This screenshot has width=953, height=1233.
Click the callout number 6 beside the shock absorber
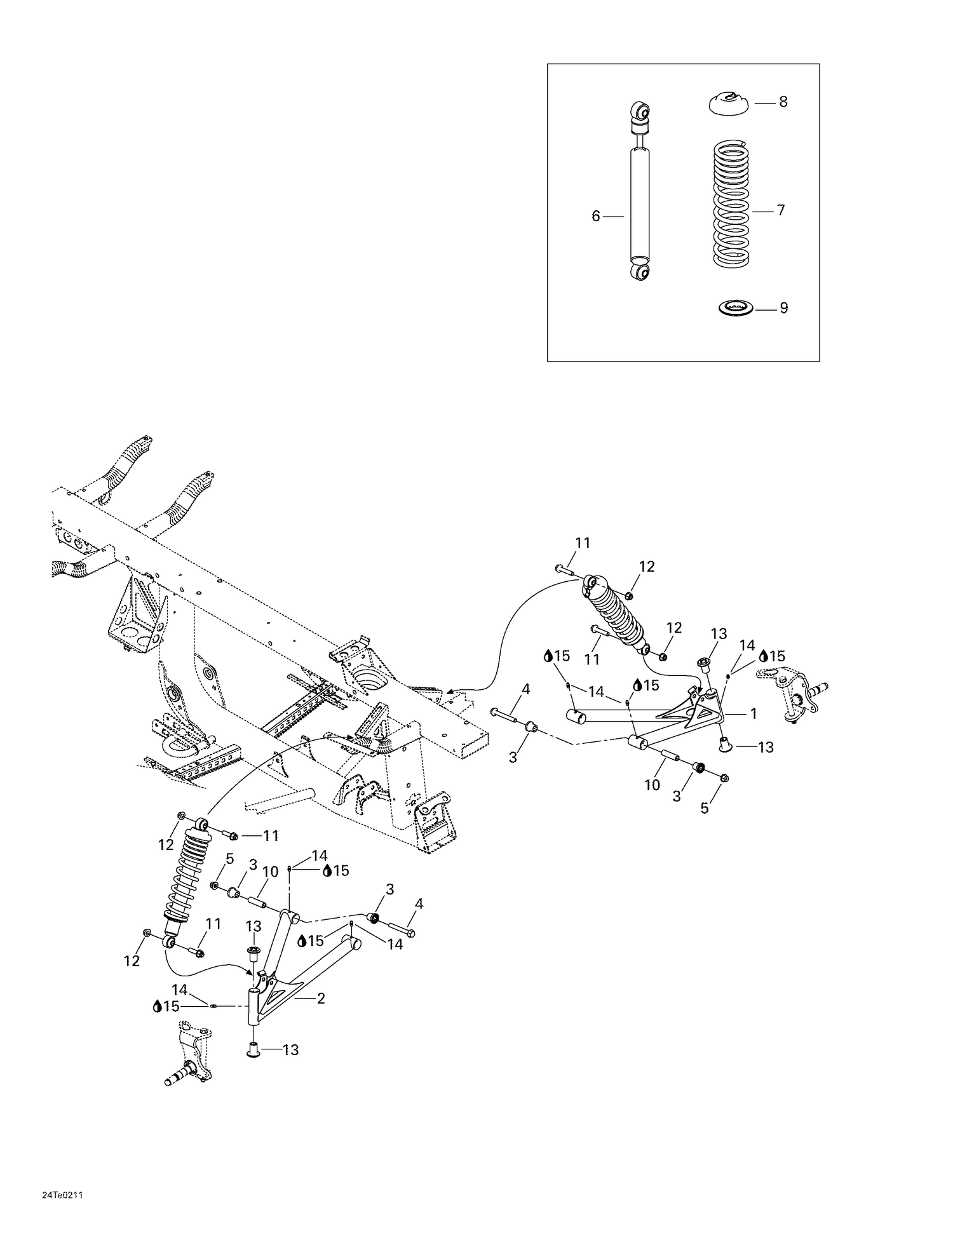595,217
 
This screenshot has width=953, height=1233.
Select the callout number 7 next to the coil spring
781,210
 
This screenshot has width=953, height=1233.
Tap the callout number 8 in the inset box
783,102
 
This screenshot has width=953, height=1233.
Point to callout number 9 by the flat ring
783,308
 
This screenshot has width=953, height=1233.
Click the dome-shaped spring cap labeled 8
728,104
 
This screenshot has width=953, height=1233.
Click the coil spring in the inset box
731,203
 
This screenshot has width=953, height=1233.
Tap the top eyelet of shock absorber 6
640,113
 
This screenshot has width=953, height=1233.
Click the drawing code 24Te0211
62,1196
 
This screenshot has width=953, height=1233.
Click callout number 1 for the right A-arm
754,714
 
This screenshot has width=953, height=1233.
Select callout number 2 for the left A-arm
320,999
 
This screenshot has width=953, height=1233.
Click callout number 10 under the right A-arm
652,785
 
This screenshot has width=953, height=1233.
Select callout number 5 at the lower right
704,808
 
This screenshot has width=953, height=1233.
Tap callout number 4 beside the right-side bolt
525,689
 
